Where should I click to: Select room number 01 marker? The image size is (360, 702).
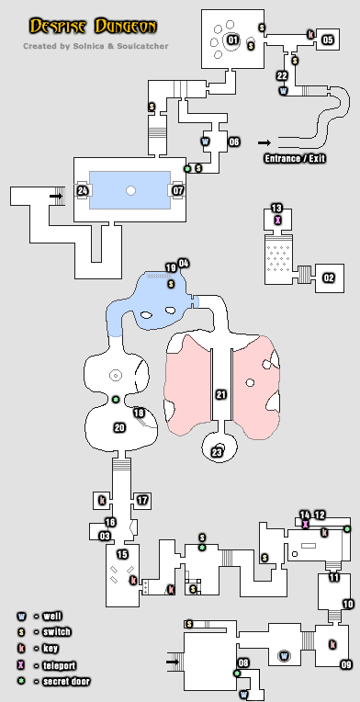pos(232,40)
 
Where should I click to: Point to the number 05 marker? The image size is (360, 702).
pos(328,40)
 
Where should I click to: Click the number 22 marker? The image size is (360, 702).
pos(282,75)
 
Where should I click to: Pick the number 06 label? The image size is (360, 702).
pos(234,142)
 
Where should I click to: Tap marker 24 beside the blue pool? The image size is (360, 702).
pos(83,190)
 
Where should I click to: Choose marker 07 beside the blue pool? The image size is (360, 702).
pos(179,190)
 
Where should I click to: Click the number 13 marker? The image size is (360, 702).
pos(276,208)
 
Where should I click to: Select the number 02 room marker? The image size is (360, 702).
pos(329,277)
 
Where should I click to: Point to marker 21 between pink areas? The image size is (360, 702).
pos(220,394)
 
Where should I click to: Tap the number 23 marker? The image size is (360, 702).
pos(218,451)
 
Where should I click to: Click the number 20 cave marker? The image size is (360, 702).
pos(118,427)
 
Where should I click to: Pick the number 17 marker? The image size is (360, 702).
pos(142,500)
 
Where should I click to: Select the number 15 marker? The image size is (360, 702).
pos(121,554)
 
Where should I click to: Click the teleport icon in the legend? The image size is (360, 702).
pos(20,664)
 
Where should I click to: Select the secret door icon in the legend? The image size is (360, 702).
pos(20,681)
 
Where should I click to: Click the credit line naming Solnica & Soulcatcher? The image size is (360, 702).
pos(96,45)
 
